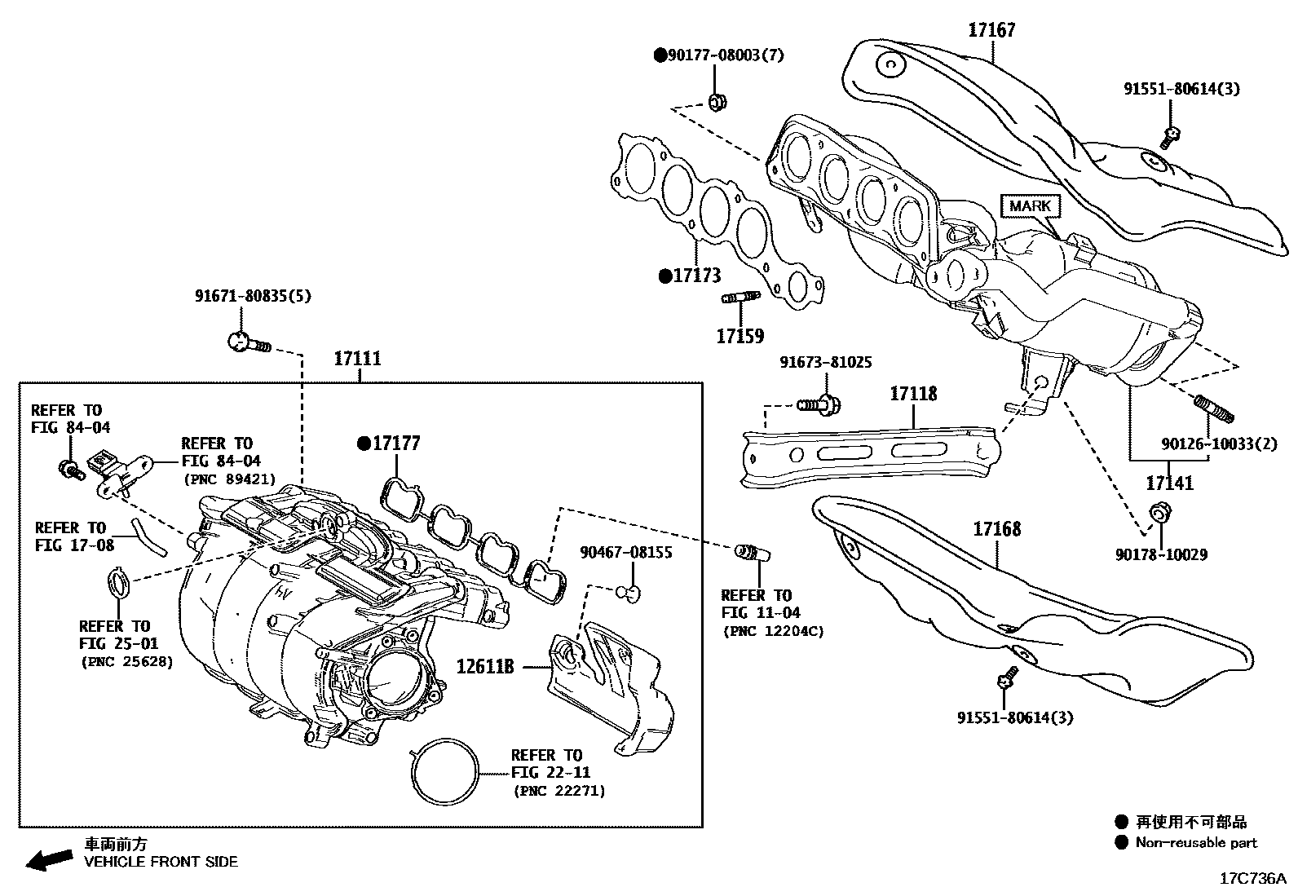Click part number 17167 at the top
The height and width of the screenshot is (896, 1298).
pos(991,30)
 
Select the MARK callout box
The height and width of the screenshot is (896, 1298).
pos(1030,205)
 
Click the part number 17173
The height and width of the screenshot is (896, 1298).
pos(696,276)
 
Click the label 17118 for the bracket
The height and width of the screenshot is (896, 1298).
pos(912,394)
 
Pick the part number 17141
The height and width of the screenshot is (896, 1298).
pos(1169,483)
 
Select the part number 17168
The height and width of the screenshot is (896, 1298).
pos(996,529)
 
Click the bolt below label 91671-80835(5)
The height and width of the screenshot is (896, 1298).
pos(245,342)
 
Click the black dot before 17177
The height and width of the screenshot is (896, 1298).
pos(364,444)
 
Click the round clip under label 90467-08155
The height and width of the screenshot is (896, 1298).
pos(628,592)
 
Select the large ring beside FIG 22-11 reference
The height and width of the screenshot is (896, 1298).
pos(444,772)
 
